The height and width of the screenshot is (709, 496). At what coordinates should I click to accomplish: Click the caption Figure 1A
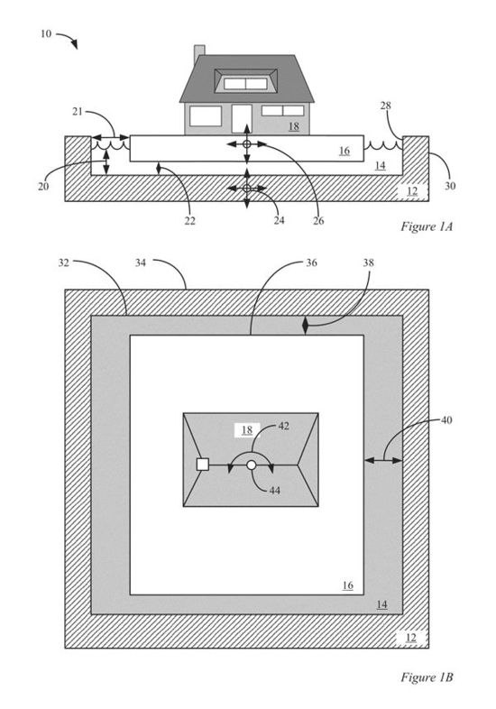(x=427, y=226)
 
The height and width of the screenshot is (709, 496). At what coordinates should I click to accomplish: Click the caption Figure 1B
(x=427, y=677)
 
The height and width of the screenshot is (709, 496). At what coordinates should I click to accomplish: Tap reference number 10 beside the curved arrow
(x=46, y=33)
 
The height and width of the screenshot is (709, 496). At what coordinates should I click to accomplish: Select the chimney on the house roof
(x=199, y=55)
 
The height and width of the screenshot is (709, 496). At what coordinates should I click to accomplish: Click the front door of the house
(x=242, y=119)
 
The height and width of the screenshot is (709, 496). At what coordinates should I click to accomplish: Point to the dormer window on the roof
(x=245, y=81)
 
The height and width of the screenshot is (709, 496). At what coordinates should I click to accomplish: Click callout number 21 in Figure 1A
(x=78, y=111)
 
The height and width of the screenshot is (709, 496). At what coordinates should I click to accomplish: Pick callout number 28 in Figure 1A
(x=386, y=106)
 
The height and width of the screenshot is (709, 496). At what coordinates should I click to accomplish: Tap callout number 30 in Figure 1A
(x=450, y=186)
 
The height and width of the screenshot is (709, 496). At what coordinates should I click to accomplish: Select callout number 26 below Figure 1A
(x=318, y=221)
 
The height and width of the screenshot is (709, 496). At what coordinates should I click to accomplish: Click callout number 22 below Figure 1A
(x=190, y=221)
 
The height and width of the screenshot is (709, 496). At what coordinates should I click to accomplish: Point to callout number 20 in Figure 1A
(x=43, y=186)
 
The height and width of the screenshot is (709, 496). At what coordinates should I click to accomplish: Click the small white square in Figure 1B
(x=203, y=465)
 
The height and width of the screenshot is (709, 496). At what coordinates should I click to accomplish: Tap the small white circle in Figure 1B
(x=252, y=465)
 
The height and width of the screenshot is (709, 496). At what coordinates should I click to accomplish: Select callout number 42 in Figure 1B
(x=283, y=426)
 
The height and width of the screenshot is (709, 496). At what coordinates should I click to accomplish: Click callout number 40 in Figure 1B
(x=446, y=420)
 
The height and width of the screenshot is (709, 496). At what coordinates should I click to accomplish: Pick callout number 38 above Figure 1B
(x=369, y=262)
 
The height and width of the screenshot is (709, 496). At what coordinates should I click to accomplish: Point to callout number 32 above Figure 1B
(x=64, y=262)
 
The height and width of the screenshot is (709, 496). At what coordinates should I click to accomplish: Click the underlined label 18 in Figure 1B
(x=247, y=429)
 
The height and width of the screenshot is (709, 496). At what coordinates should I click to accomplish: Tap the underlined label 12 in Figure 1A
(x=412, y=191)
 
